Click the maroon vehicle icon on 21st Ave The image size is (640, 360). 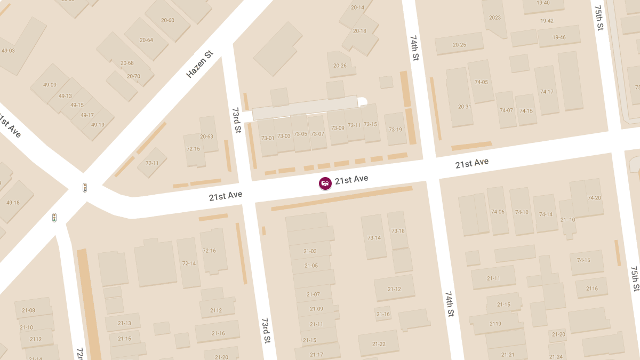click(325, 183)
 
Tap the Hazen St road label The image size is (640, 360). click(199, 65)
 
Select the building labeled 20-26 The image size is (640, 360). click(340, 65)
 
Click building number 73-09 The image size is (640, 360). click(338, 128)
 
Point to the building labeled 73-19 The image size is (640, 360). click(395, 129)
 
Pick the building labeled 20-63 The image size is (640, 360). click(207, 136)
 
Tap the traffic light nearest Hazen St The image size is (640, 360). click(85, 187)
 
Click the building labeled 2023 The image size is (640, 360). click(495, 18)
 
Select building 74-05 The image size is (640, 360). click(481, 82)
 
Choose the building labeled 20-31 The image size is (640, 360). click(465, 106)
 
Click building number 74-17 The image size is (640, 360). click(547, 91)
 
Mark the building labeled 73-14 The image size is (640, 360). click(374, 237)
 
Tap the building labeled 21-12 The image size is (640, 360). click(394, 289)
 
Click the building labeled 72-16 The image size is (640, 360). click(209, 250)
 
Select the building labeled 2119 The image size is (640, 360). click(495, 323)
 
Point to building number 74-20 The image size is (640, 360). click(594, 197)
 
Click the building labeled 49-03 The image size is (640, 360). click(9, 51)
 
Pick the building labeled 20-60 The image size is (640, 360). click(167, 20)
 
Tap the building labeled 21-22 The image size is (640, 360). click(379, 343)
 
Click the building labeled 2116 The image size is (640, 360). click(592, 289)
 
